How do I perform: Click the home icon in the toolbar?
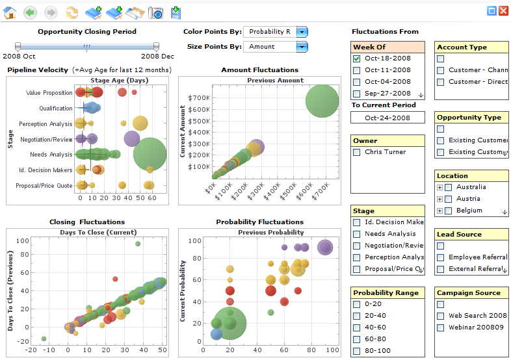tap(9, 12)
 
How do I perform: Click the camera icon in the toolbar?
tap(155, 12)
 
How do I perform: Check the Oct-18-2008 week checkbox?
tap(356, 58)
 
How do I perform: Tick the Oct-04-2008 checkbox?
tap(356, 82)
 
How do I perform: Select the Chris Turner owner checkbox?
tap(356, 152)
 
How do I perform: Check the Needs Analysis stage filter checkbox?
tap(356, 234)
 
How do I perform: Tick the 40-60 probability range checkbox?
tap(356, 328)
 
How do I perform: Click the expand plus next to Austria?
tap(439, 199)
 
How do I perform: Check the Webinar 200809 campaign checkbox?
tap(440, 328)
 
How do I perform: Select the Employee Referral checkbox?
tap(440, 257)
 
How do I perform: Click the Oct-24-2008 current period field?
tap(387, 118)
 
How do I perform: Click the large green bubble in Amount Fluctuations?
tap(322, 100)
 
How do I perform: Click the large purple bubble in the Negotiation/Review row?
tap(131, 138)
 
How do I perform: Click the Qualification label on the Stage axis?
tap(55, 109)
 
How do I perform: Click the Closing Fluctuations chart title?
tap(86, 222)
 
